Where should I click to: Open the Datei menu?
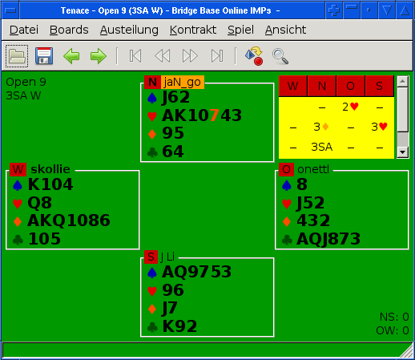(24, 30)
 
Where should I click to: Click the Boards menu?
(69, 30)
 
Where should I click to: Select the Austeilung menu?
(129, 30)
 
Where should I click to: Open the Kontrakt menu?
(193, 30)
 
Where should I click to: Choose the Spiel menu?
(240, 30)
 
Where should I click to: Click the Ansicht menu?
(285, 30)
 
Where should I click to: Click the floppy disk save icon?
(44, 56)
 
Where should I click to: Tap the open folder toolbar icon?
(17, 56)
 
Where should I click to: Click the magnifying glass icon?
(280, 56)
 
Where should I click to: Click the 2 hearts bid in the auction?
(350, 107)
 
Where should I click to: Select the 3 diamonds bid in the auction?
(321, 127)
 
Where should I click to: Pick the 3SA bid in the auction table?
(322, 147)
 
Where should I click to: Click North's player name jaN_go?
(183, 82)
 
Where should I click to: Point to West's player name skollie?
(50, 169)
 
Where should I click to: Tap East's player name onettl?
(313, 169)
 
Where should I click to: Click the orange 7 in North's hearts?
(214, 115)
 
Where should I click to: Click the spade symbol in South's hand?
(152, 273)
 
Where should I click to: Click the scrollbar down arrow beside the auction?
(402, 152)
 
